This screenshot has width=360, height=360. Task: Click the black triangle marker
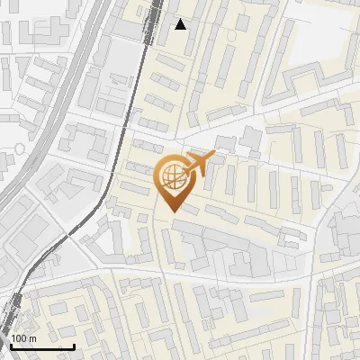click(x=181, y=24)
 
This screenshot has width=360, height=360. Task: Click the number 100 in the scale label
click(x=19, y=338)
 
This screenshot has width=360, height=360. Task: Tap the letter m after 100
click(x=31, y=338)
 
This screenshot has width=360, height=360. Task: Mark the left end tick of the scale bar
click(x=11, y=344)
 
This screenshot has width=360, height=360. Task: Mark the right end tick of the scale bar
click(x=74, y=344)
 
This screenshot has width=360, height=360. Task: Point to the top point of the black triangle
click(x=181, y=19)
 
